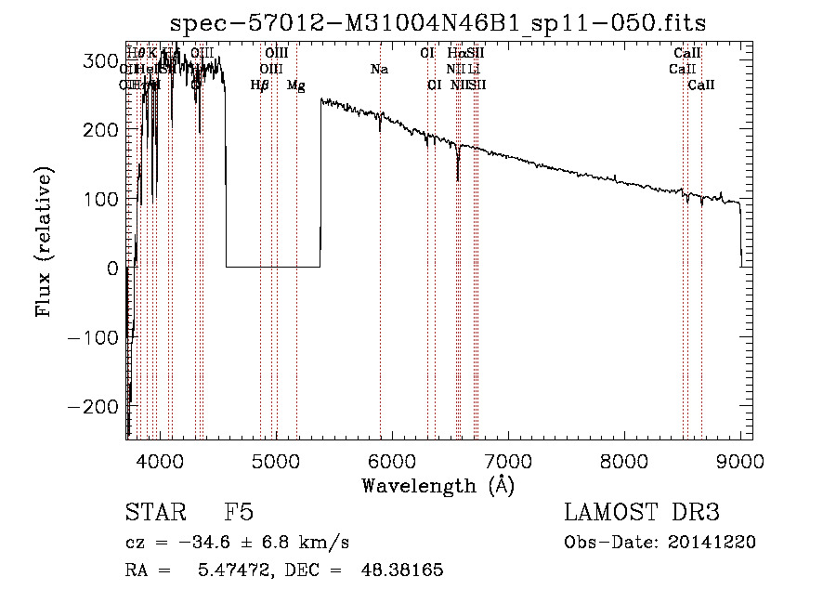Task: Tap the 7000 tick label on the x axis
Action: (508, 460)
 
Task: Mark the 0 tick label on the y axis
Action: (112, 269)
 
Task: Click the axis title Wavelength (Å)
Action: (438, 485)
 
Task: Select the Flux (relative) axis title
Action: (45, 240)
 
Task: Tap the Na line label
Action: (379, 69)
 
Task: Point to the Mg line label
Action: (295, 85)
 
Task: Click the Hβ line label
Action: (260, 85)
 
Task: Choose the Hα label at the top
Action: (456, 53)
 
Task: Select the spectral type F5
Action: (239, 513)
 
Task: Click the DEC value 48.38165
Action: (401, 570)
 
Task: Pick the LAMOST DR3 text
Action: (641, 513)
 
